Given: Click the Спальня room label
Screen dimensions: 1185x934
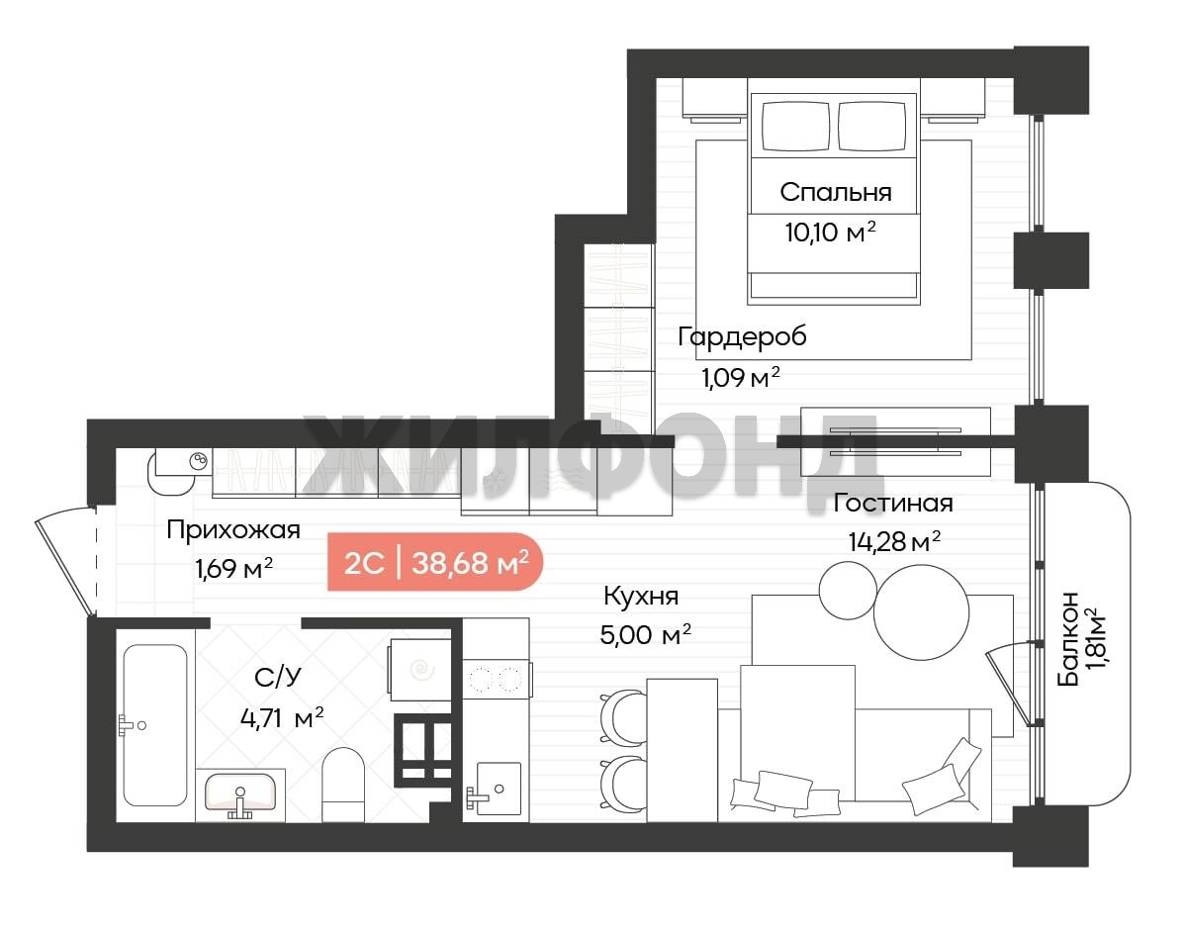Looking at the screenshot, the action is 835,192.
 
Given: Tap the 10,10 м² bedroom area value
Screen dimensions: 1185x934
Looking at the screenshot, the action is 831,231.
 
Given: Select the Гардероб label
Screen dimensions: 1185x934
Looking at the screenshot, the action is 742,336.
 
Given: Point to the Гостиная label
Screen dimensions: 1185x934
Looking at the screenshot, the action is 892,503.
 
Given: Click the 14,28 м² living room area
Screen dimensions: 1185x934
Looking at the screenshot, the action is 894,541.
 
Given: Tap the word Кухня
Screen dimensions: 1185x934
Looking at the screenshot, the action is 641,597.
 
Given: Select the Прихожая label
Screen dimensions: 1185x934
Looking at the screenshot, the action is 232,529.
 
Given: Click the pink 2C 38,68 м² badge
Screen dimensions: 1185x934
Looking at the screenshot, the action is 435,561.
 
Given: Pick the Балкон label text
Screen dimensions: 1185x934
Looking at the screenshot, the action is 1068,639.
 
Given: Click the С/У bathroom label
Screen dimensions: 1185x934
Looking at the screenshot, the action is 278,677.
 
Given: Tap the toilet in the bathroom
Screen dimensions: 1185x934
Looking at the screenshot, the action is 343,784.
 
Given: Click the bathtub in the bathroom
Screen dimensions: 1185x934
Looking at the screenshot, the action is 155,725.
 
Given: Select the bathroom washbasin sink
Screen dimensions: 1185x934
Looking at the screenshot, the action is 240,794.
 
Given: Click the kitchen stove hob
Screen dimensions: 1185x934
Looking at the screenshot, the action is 496,679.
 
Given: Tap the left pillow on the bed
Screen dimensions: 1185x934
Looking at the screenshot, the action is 796,126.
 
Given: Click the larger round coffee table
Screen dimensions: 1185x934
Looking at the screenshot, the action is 921,612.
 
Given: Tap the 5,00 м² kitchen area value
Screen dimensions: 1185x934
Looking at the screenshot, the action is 645,635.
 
